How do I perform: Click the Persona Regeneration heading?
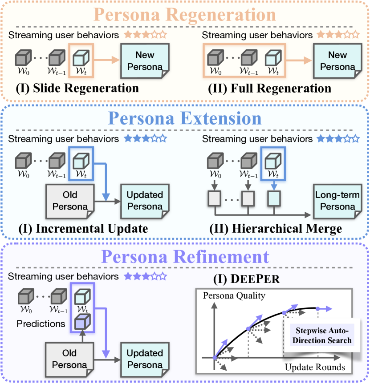[185, 15]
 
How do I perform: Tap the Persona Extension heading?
[185, 119]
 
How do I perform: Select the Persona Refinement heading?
[185, 257]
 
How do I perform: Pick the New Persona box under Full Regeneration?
[337, 61]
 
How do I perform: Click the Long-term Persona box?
[337, 200]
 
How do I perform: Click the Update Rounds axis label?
[314, 368]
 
